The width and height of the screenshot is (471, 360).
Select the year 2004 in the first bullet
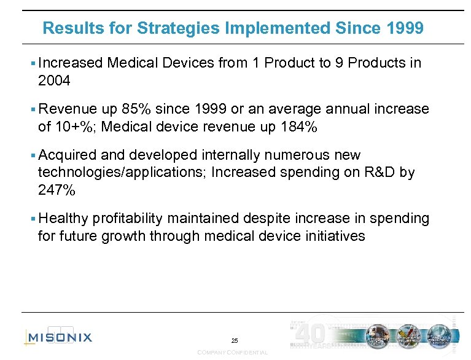(54, 80)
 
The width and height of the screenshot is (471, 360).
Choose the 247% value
(57, 190)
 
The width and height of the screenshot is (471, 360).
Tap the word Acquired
(63, 155)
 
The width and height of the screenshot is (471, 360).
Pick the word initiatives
(336, 236)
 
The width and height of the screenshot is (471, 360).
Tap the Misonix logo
(60, 337)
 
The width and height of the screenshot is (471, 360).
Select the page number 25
(235, 341)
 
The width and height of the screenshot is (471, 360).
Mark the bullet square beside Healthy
(32, 219)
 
